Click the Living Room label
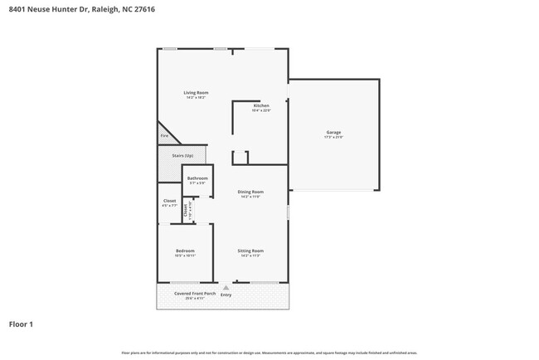(x=196, y=92)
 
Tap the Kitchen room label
(x=261, y=106)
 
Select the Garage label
(x=333, y=133)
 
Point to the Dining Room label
(x=250, y=192)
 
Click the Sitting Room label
(x=250, y=251)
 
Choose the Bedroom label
(x=184, y=251)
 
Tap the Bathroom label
(x=197, y=178)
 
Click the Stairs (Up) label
(x=182, y=155)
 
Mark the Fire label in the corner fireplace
(x=164, y=135)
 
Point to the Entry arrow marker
(x=226, y=287)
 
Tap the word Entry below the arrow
(x=226, y=294)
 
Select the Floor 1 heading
(x=22, y=324)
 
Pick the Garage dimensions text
(x=333, y=138)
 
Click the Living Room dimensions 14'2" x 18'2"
(x=196, y=97)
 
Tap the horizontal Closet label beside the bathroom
(x=169, y=201)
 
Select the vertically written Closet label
(x=185, y=211)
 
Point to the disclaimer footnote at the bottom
(x=269, y=353)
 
